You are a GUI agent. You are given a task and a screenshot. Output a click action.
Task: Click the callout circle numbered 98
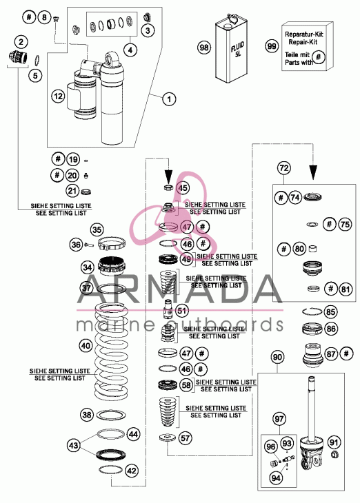(x=204, y=48)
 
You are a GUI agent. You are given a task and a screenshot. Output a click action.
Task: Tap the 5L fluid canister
(x=231, y=49)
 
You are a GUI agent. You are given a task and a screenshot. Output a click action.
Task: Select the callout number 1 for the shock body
(x=169, y=99)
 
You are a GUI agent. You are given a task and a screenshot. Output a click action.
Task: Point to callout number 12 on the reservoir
(x=59, y=96)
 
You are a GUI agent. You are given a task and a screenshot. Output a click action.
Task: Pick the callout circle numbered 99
(x=272, y=46)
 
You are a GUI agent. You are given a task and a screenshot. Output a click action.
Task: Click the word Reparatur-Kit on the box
(x=304, y=34)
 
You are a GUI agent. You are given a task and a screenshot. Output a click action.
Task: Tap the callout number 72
(x=284, y=167)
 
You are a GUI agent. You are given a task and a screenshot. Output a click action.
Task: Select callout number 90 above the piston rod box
(x=277, y=357)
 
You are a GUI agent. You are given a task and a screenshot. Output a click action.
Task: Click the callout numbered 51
(x=182, y=311)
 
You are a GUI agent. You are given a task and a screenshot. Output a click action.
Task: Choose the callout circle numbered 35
(x=97, y=229)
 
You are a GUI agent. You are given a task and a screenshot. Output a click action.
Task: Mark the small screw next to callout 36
(x=89, y=245)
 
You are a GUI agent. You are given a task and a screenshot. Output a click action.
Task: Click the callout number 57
(x=186, y=438)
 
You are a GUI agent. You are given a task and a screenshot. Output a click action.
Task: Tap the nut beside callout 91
(x=334, y=454)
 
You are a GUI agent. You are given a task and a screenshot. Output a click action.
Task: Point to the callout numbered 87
(x=331, y=354)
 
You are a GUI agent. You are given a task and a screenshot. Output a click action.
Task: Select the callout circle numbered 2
(x=21, y=42)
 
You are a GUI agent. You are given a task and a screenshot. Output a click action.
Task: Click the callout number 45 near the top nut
(x=183, y=187)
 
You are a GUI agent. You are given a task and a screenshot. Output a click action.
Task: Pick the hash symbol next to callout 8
(x=29, y=17)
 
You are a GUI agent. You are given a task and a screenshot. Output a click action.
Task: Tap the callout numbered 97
(x=279, y=419)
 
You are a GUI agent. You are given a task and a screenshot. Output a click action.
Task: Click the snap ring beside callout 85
(x=312, y=311)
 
